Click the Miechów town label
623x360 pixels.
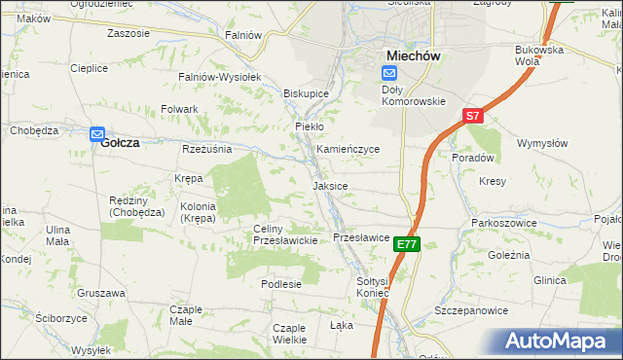coord(414,55)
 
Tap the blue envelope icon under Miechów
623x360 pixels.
coord(389,73)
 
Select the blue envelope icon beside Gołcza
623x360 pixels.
coord(97,134)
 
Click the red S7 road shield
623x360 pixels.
coord(472,116)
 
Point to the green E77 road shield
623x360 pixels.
coord(408,245)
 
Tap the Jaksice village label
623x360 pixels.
coord(330,185)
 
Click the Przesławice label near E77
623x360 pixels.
coord(361,236)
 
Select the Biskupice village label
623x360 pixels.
coord(306,93)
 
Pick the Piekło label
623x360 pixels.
coord(309,126)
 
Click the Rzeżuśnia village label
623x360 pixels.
coord(206,149)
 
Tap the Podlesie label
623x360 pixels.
coord(281,283)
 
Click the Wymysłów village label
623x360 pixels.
coord(543,143)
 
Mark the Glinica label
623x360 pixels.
coord(549,280)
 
